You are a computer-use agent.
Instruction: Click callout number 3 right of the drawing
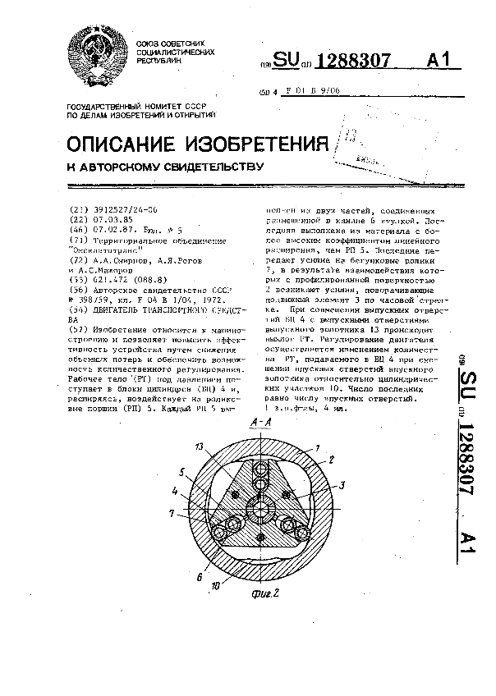click(340, 485)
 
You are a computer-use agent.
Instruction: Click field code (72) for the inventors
click(79, 259)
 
